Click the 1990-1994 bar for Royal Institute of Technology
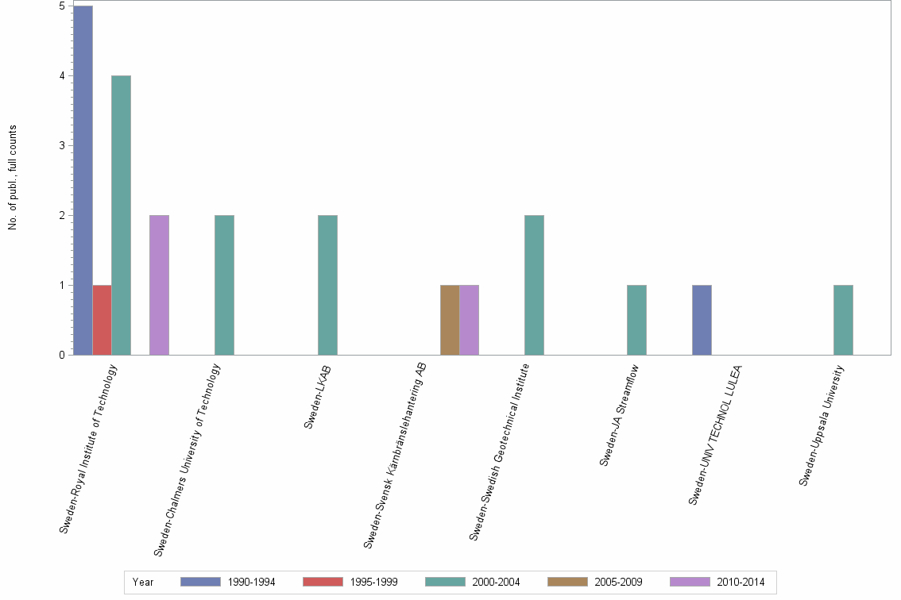click(x=83, y=180)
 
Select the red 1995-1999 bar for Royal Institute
click(x=102, y=320)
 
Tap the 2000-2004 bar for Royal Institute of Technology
click(x=121, y=215)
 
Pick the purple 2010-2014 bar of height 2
click(x=159, y=285)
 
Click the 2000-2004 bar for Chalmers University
click(x=224, y=285)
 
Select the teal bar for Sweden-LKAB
click(x=327, y=285)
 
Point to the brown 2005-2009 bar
click(x=450, y=320)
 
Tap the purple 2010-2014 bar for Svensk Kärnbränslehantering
click(x=469, y=320)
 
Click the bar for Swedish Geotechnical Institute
click(x=534, y=285)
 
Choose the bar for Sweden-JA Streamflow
click(x=636, y=320)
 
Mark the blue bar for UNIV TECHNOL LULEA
click(x=702, y=320)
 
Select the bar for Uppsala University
click(x=843, y=320)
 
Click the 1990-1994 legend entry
click(x=228, y=583)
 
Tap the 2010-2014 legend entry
click(x=717, y=583)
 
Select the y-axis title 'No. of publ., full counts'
click(x=13, y=178)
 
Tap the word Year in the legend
click(x=143, y=583)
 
